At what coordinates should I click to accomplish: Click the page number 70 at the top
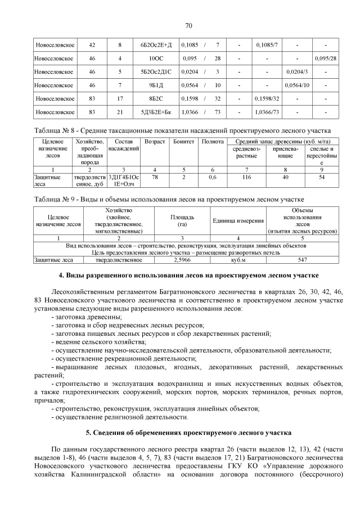tap(188, 25)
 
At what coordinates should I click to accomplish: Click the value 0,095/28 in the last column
tap(326, 58)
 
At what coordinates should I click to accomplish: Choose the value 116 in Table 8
tap(246, 177)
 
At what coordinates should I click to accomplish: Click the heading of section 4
tap(188, 276)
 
